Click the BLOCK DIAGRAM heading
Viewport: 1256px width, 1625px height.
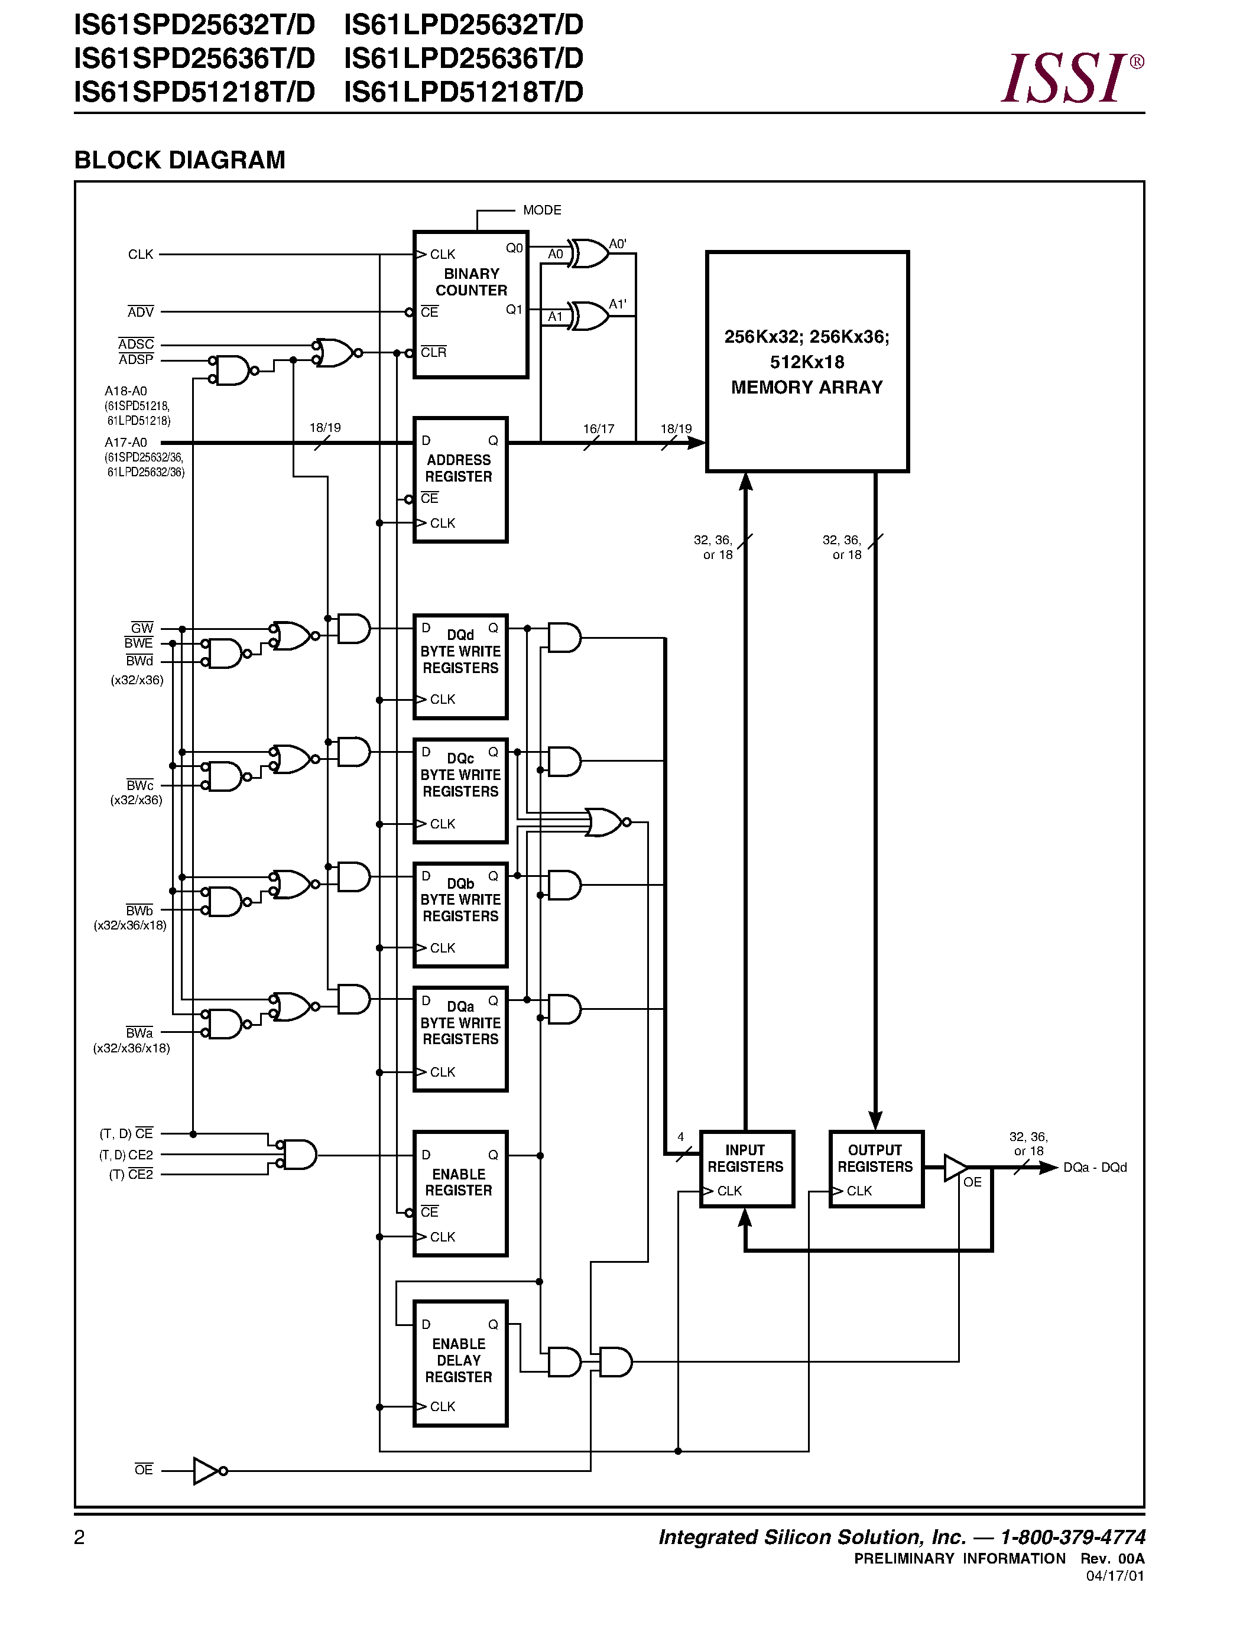click(x=179, y=160)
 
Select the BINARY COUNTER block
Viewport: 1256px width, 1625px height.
click(x=470, y=304)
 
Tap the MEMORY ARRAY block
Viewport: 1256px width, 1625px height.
click(x=807, y=362)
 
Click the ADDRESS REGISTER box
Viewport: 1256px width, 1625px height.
click(x=460, y=480)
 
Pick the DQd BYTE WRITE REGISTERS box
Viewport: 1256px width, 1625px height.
click(x=460, y=667)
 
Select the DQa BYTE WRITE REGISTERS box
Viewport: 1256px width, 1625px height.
click(x=460, y=1039)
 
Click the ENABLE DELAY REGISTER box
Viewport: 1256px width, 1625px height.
click(x=460, y=1363)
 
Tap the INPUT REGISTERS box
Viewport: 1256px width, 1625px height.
click(x=747, y=1169)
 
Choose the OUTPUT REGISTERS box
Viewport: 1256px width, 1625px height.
click(x=876, y=1169)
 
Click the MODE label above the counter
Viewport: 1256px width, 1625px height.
click(x=541, y=210)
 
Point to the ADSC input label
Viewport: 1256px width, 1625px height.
click(x=136, y=344)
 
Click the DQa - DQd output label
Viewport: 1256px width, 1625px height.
click(x=1094, y=1168)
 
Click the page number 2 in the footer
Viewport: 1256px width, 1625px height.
click(x=80, y=1537)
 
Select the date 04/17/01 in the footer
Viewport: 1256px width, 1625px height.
click(x=1115, y=1576)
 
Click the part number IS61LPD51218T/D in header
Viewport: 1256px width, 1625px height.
click(x=463, y=92)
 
